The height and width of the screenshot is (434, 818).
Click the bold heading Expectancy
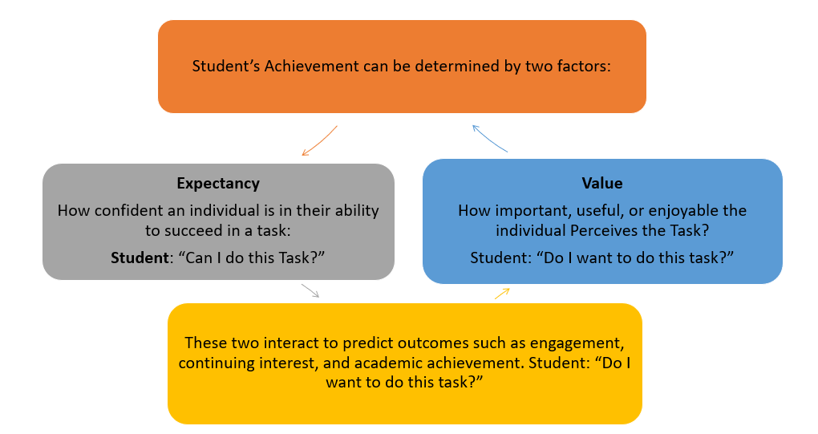tap(218, 184)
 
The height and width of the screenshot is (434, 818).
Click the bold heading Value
tap(602, 183)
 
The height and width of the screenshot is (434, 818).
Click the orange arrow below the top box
tap(320, 141)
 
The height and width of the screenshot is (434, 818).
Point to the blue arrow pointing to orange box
tap(489, 139)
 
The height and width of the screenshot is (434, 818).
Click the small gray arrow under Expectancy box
tap(310, 290)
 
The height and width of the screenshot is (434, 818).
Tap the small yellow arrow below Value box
tap(502, 294)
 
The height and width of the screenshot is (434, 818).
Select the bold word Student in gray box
tap(140, 258)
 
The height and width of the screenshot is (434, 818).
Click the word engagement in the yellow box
tap(577, 343)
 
